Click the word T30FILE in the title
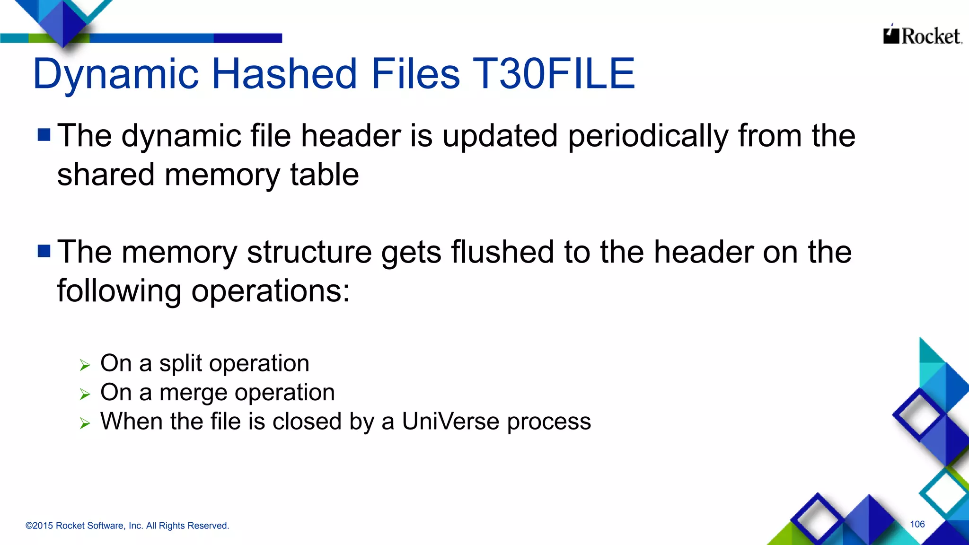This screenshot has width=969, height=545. click(554, 74)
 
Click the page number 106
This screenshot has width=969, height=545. click(917, 524)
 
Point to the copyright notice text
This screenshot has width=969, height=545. click(127, 526)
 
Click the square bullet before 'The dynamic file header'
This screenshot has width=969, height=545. click(44, 135)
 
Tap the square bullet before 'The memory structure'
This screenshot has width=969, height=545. click(44, 251)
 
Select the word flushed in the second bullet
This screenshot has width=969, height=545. click(502, 252)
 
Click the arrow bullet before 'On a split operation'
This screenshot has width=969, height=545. click(85, 365)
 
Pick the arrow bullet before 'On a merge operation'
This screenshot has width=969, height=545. click(85, 394)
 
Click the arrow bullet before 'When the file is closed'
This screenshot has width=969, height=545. click(85, 423)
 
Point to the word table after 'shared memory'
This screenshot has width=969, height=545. click(324, 175)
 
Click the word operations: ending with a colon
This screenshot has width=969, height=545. click(270, 291)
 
